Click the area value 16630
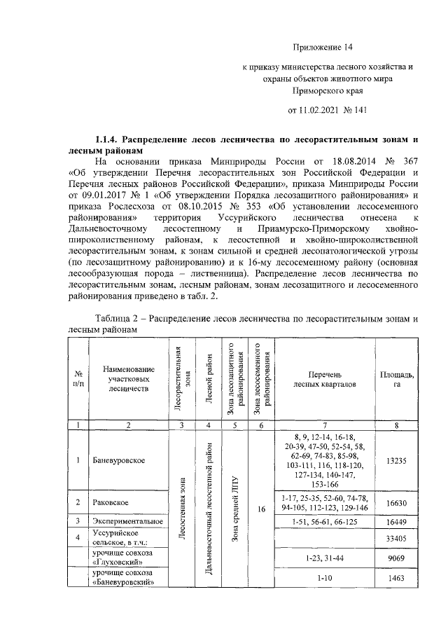coord(396,503)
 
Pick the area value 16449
coord(396,522)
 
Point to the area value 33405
coord(396,539)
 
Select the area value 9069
coord(396,558)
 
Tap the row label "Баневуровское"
coord(118,460)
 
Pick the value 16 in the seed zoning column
coord(260,510)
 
